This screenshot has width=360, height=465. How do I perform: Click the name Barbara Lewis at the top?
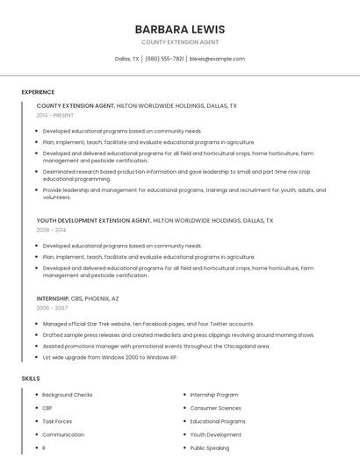click(x=180, y=29)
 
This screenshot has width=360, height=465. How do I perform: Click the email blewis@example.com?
click(x=217, y=59)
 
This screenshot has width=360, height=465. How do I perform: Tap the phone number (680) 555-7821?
click(x=164, y=59)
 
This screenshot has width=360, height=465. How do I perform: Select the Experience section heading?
click(x=38, y=92)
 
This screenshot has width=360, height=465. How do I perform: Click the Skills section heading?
click(x=31, y=378)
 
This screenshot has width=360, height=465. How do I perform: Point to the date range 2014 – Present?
click(x=55, y=115)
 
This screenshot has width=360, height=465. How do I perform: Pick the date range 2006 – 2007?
click(x=52, y=308)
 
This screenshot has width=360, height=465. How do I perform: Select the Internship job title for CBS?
click(x=53, y=298)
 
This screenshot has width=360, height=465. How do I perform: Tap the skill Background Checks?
click(x=67, y=395)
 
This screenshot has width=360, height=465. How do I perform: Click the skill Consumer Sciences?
click(x=215, y=408)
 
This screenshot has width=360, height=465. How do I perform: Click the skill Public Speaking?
click(x=210, y=447)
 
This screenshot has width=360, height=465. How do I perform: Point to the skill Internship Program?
click(x=213, y=395)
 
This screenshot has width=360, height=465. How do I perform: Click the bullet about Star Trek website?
click(x=148, y=324)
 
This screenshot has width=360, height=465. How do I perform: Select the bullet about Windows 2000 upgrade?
click(x=110, y=357)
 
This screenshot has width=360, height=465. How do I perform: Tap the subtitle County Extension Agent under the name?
click(x=180, y=42)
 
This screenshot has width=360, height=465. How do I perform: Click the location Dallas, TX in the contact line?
click(x=127, y=59)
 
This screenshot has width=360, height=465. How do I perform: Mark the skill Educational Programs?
click(x=218, y=421)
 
